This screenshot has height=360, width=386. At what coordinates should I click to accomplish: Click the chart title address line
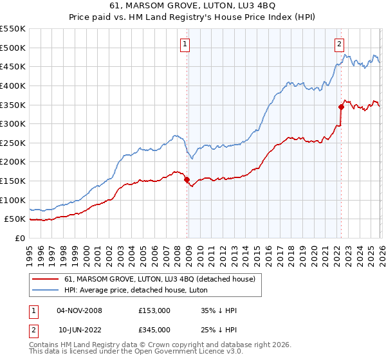click(192, 7)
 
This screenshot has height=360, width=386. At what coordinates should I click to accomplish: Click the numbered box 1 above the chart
click(185, 44)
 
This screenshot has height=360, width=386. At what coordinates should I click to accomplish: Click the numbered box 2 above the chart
click(338, 44)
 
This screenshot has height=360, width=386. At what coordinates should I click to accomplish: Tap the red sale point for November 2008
click(187, 180)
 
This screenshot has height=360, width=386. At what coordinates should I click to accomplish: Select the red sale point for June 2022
click(342, 107)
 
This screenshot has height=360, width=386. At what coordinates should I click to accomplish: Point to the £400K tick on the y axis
click(13, 85)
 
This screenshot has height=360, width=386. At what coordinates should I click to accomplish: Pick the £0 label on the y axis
click(19, 238)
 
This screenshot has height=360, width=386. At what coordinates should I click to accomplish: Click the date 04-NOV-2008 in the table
click(79, 310)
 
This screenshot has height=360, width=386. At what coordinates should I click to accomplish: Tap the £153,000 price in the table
click(154, 310)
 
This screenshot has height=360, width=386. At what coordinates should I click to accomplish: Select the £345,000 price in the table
click(154, 330)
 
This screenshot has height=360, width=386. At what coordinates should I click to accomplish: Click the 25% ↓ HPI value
click(219, 330)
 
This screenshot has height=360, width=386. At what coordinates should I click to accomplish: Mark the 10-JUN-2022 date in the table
click(79, 330)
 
